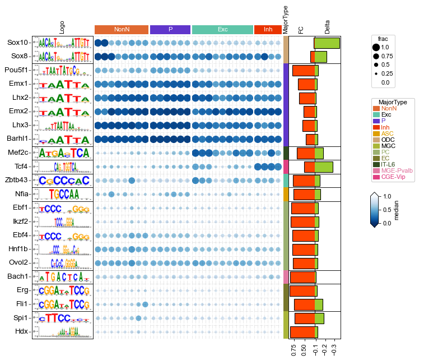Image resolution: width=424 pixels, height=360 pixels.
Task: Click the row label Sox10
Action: point(17,43)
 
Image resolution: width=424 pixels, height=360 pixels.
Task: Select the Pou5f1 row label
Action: point(15,70)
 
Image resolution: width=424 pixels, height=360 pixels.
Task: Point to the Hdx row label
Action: point(21,331)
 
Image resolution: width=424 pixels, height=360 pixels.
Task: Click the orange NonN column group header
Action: point(122,29)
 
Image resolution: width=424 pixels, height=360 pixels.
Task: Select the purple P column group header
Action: point(170,29)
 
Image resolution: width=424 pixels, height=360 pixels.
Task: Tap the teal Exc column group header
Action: point(222,29)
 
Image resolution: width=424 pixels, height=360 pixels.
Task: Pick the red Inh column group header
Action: point(268,29)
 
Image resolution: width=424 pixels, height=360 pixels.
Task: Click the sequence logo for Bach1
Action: point(62,276)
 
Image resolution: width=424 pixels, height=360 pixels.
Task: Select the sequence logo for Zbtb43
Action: point(62,180)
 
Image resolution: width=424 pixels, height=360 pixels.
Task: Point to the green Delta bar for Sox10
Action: point(327,43)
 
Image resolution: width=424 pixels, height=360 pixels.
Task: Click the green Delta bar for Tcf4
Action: point(324,167)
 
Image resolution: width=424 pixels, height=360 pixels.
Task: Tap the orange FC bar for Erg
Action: point(303,290)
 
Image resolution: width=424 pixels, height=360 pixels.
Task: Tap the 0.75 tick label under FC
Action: point(295,350)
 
